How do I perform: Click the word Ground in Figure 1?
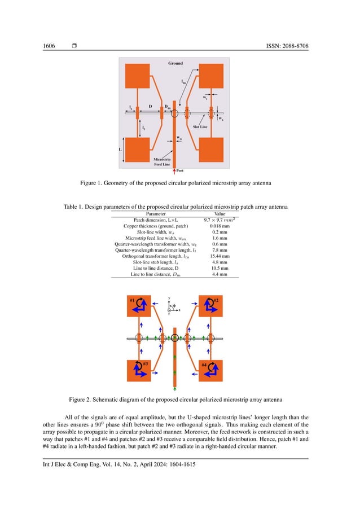click(x=175, y=64)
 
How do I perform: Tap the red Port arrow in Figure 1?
click(x=175, y=167)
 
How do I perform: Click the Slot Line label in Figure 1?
click(x=199, y=128)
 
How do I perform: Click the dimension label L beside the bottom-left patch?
click(x=120, y=149)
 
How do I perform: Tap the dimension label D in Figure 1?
click(x=150, y=106)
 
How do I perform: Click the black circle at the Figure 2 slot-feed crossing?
click(x=175, y=338)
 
